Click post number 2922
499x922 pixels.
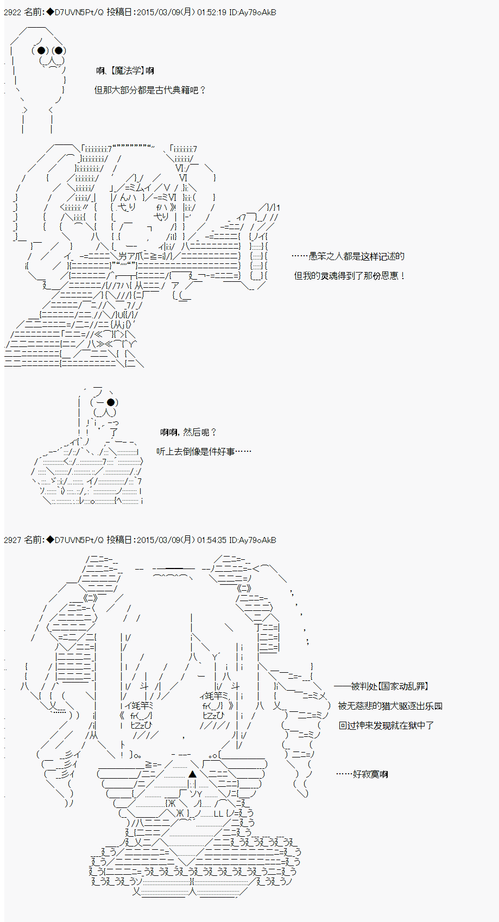13,12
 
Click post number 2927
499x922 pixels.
13,540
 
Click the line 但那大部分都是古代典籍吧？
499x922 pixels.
150,90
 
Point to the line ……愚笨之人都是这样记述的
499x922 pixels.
348,256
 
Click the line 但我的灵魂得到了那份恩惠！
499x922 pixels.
350,276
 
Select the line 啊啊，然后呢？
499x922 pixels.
189,432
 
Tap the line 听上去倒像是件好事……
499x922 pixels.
204,451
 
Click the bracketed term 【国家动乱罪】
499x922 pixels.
403,686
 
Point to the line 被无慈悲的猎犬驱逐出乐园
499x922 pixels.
390,706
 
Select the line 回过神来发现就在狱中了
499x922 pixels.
386,725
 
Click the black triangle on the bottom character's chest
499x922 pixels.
192,774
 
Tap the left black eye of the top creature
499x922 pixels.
41,51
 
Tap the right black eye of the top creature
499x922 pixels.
59,51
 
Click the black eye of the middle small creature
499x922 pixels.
111,402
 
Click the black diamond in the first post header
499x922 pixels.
50,12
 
